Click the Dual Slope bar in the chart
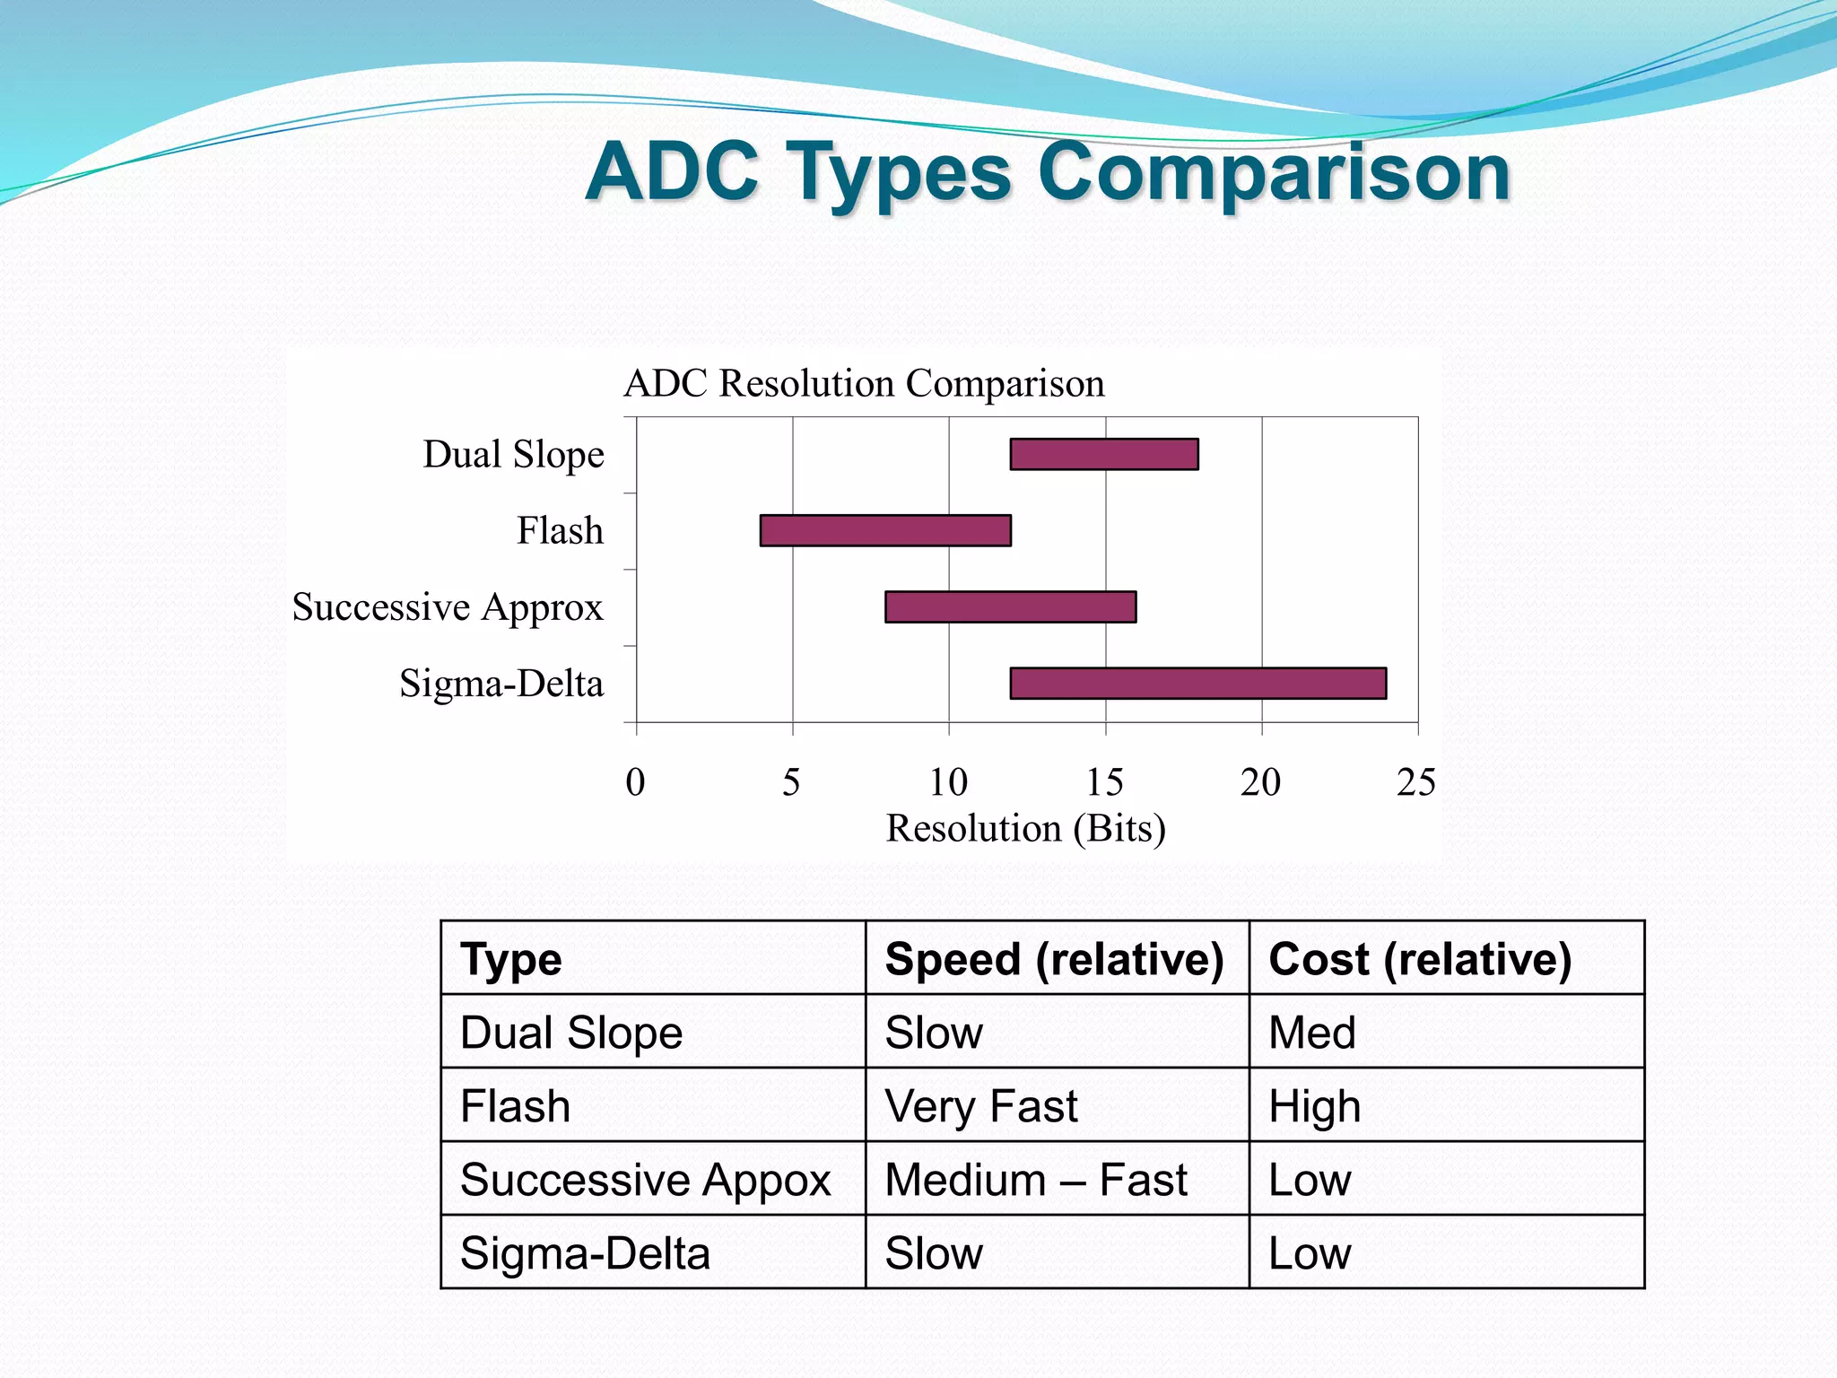pos(1103,454)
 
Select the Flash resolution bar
pos(885,530)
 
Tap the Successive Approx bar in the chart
pos(1010,606)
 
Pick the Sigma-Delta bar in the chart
pos(1197,683)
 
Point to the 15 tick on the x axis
pos(1104,782)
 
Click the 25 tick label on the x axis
pos(1415,782)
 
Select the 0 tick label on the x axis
pos(635,782)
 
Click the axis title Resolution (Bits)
pos(1025,828)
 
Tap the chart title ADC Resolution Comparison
pos(864,383)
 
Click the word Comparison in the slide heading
pos(1274,172)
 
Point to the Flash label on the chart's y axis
pos(560,530)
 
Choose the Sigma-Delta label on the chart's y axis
pos(501,684)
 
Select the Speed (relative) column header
pos(1054,959)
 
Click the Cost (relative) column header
pos(1420,959)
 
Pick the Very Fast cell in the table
pos(980,1106)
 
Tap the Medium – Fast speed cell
pos(1035,1180)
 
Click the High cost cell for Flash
pos(1314,1106)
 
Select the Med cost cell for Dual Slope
pos(1311,1033)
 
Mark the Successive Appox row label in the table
pos(645,1180)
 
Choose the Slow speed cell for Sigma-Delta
pos(933,1253)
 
